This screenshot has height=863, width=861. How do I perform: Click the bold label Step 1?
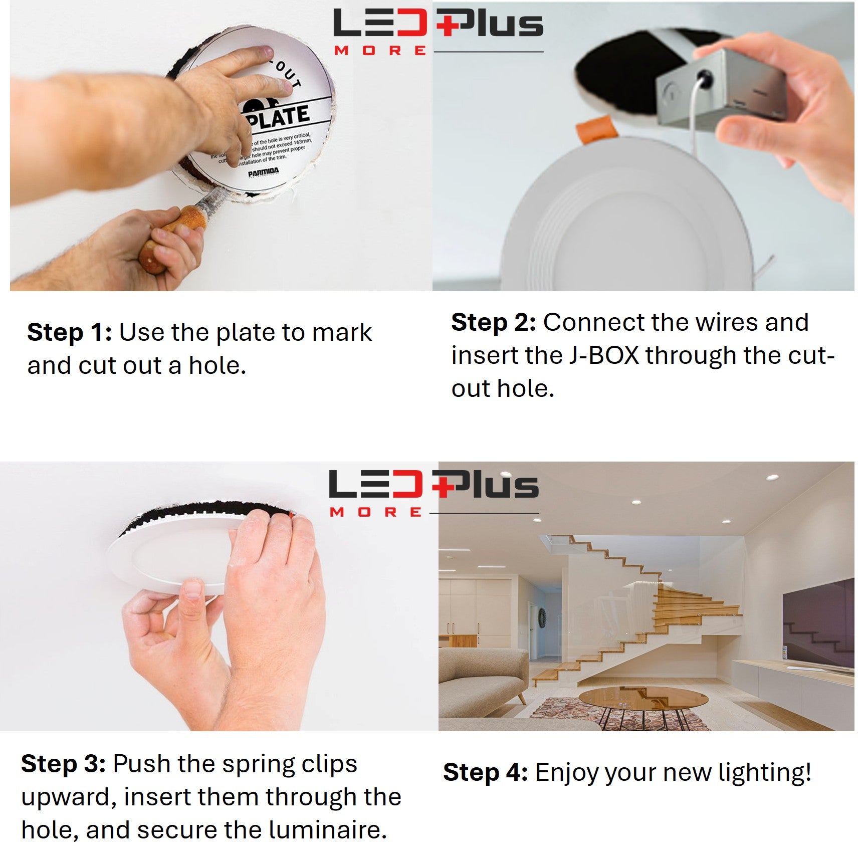tap(69, 333)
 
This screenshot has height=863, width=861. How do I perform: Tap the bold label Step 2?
tap(493, 323)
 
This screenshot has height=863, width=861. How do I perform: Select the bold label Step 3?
tap(63, 764)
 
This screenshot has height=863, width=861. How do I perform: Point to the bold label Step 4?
tap(485, 772)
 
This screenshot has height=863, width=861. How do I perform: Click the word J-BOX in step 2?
tap(604, 355)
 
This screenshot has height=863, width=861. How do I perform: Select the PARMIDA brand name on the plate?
tap(263, 173)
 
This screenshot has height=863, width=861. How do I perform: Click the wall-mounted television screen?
tap(818, 624)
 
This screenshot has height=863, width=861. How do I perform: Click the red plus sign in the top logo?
tap(448, 24)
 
